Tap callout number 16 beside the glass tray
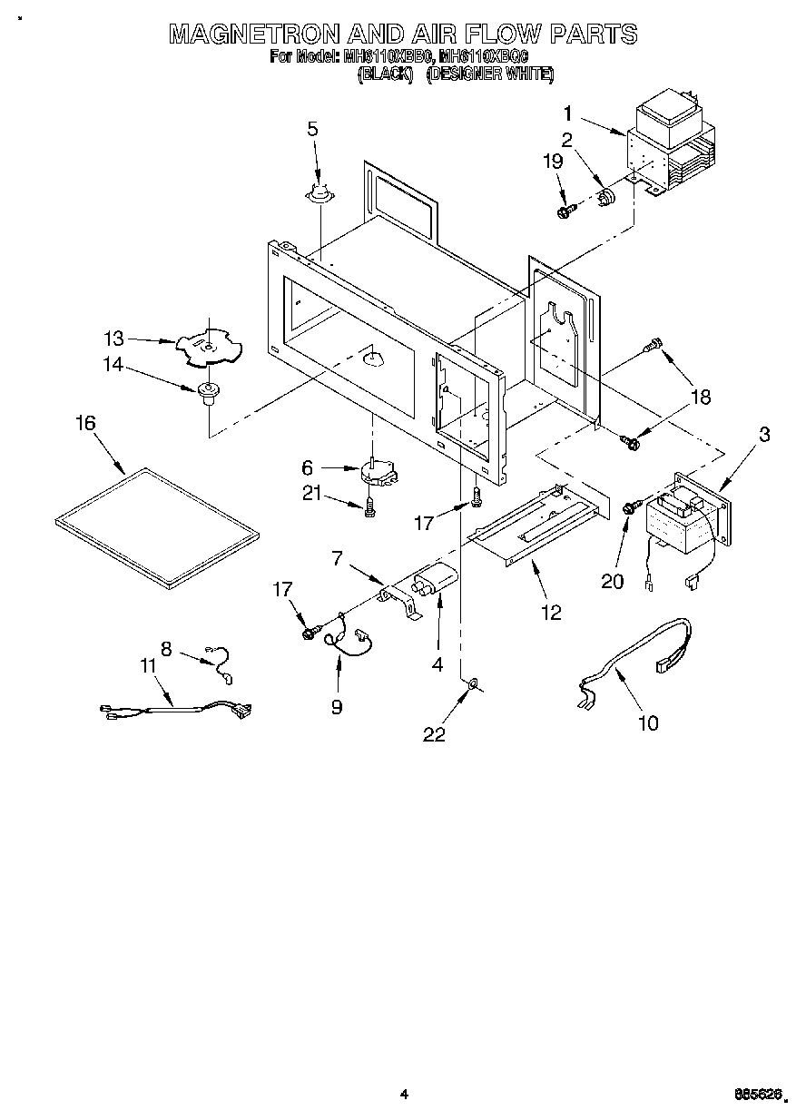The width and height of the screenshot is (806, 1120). (x=85, y=424)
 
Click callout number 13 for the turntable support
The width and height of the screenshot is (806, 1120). (x=113, y=339)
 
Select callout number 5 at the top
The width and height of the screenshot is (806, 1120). (x=312, y=129)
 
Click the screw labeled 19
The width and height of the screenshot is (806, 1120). (x=565, y=211)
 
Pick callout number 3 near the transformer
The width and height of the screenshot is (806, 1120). (x=764, y=435)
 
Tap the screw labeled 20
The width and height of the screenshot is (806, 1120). (x=628, y=507)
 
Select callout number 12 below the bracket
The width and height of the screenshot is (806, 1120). (x=552, y=613)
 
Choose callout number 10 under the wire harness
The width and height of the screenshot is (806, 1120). (x=648, y=722)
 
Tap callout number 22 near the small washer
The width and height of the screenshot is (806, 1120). (x=435, y=735)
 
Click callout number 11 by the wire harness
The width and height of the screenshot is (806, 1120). (x=148, y=666)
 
